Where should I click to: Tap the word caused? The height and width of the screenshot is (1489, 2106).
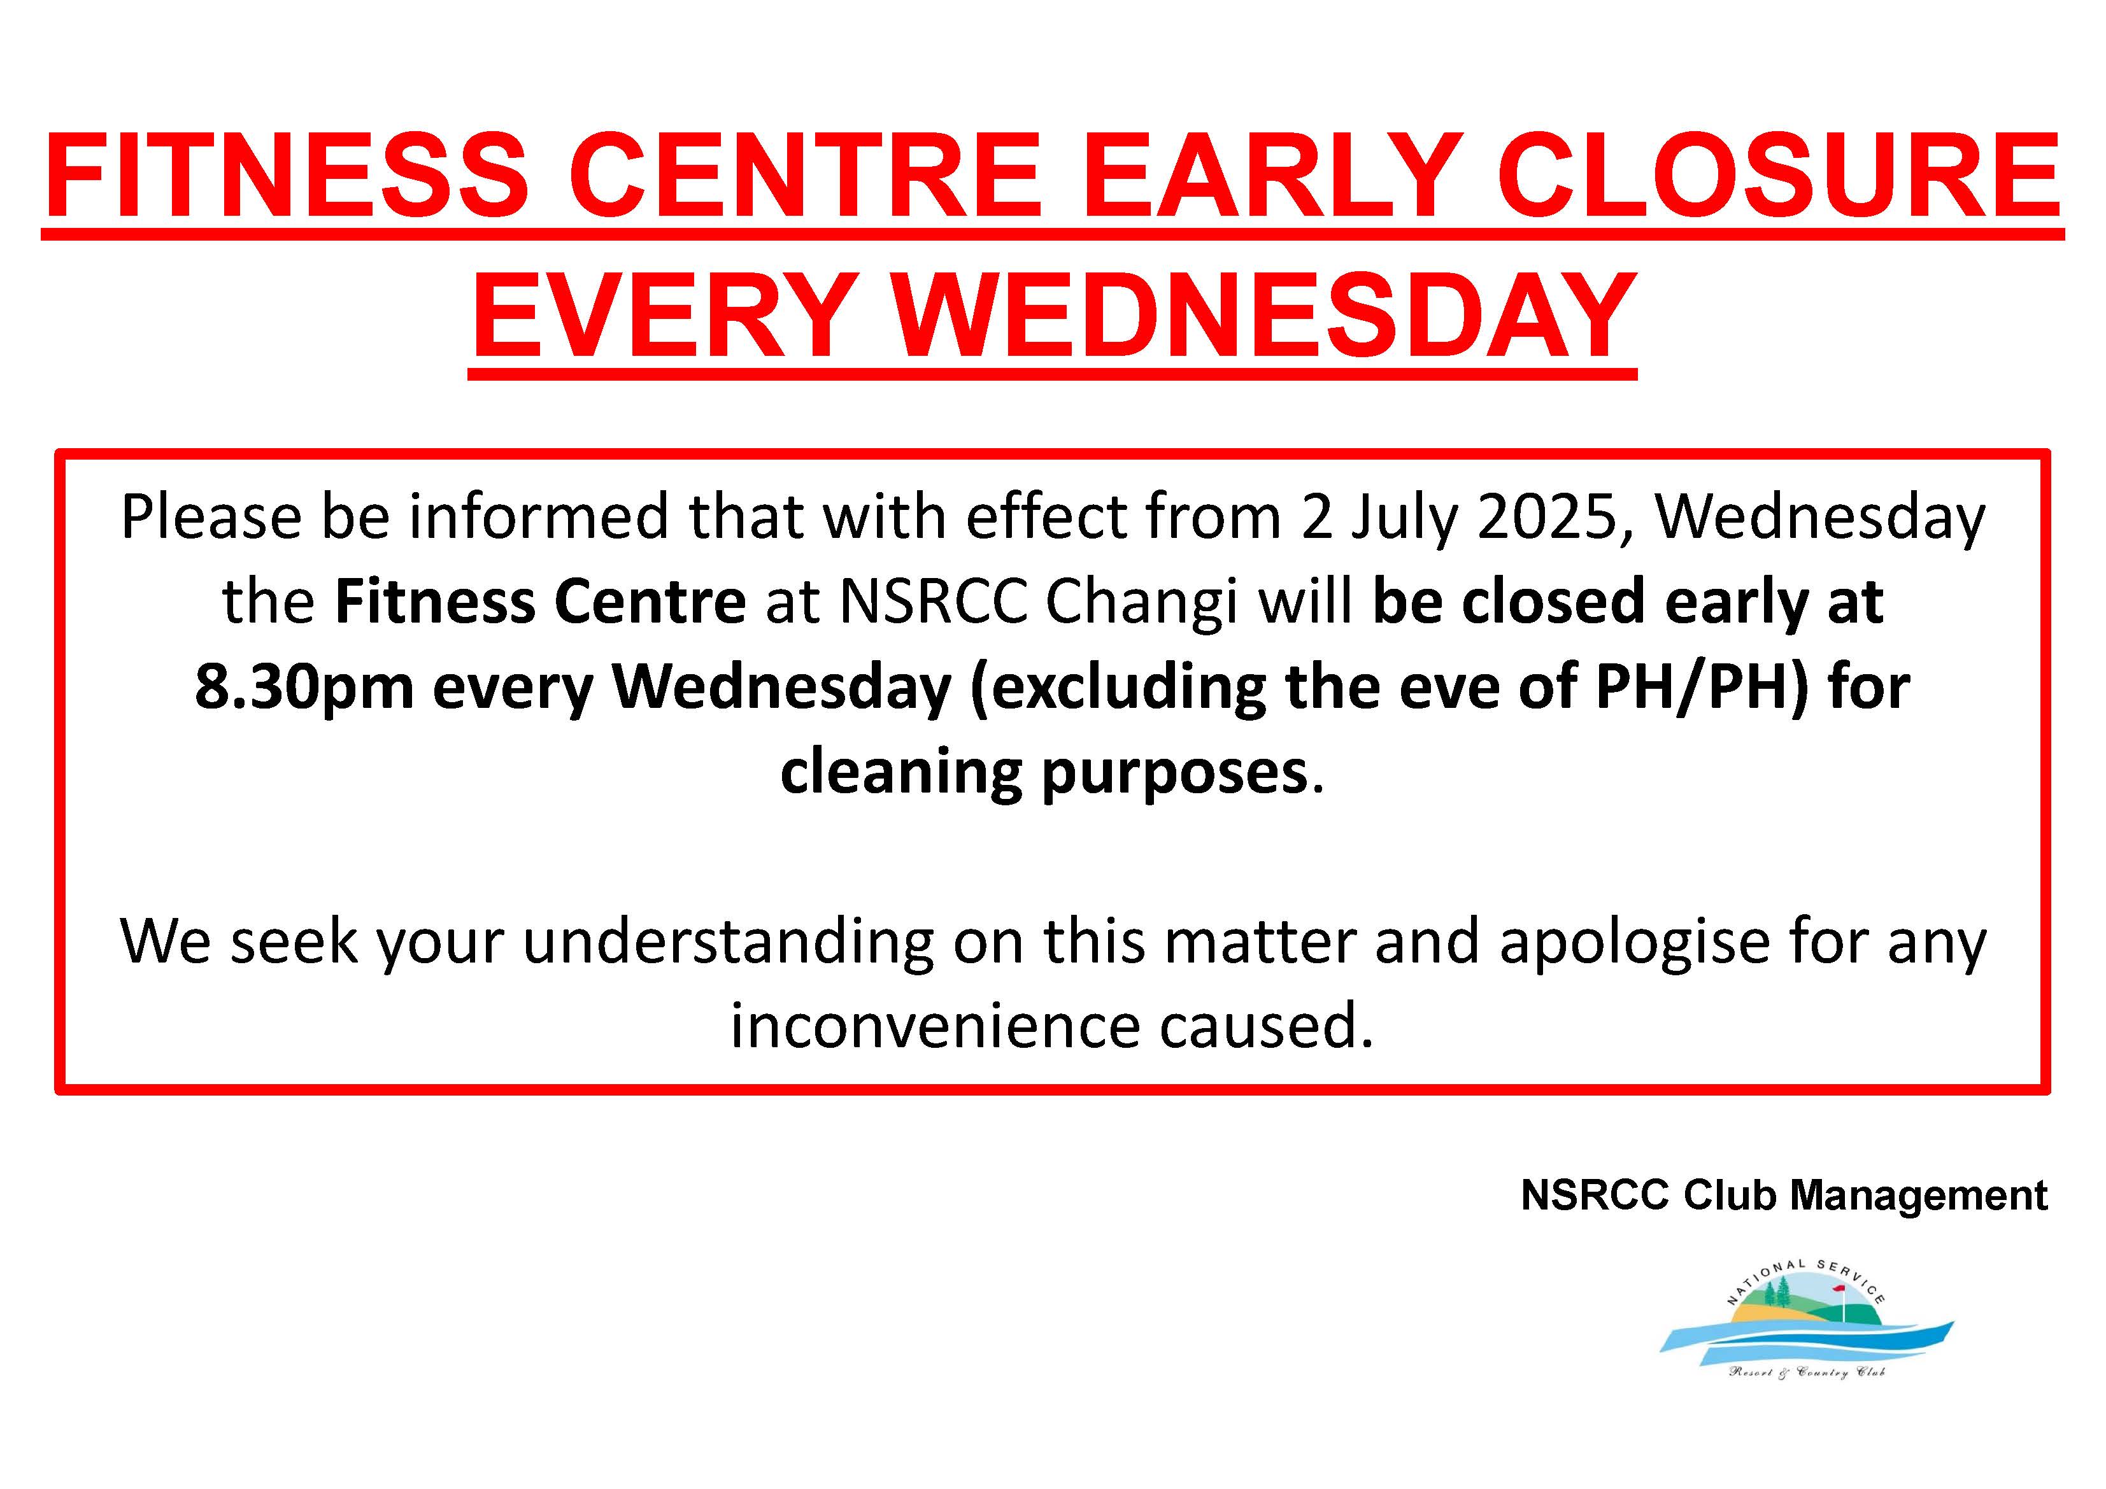pos(1267,1026)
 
